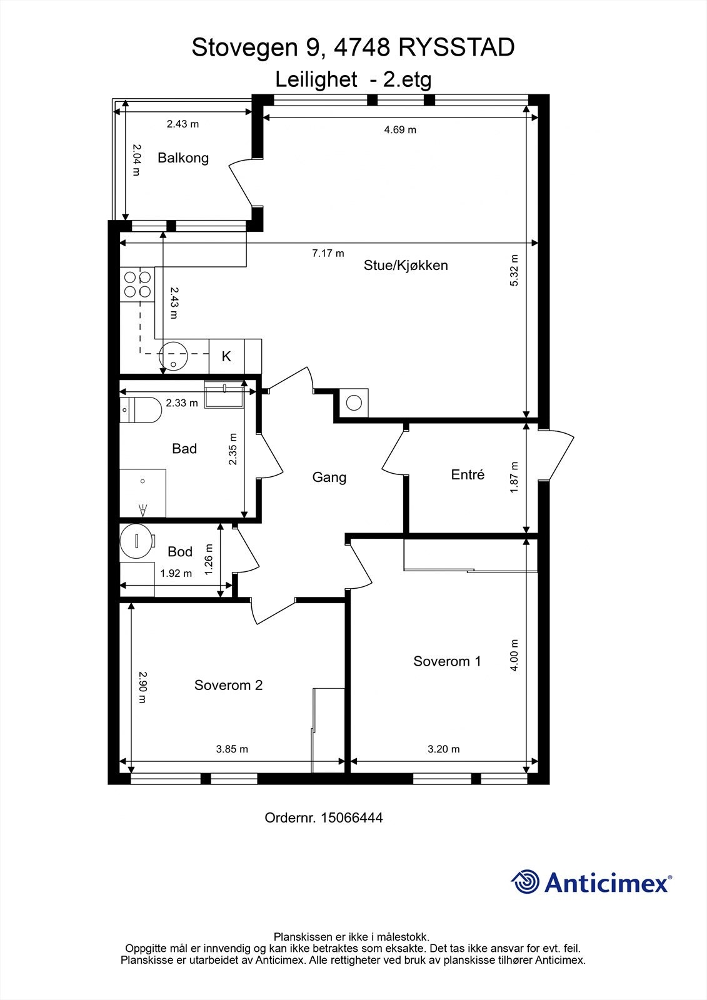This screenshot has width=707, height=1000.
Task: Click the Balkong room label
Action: tap(183, 157)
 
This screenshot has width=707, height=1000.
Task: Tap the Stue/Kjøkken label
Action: tap(406, 265)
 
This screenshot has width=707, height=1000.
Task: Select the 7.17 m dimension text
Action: tap(328, 253)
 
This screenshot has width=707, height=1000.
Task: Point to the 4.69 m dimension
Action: tap(399, 130)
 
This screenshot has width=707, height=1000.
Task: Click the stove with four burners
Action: tap(137, 284)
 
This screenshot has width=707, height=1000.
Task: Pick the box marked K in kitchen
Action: tap(226, 356)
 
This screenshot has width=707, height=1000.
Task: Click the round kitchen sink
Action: tap(173, 357)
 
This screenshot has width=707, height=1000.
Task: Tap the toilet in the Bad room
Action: tap(141, 410)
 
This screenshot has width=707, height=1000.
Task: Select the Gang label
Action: tap(329, 477)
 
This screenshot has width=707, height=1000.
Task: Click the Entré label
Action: tap(468, 475)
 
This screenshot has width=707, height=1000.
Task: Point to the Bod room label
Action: tap(180, 552)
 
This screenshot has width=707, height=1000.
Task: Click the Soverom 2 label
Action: tap(228, 685)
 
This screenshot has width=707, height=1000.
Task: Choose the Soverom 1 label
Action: tap(447, 661)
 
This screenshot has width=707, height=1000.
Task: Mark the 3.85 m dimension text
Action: tap(231, 749)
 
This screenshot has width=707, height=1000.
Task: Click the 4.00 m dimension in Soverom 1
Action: tap(514, 655)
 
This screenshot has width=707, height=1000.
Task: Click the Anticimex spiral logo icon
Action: tap(525, 882)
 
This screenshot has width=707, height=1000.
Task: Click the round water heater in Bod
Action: tap(136, 541)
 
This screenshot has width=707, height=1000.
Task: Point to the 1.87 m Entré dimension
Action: tap(514, 477)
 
